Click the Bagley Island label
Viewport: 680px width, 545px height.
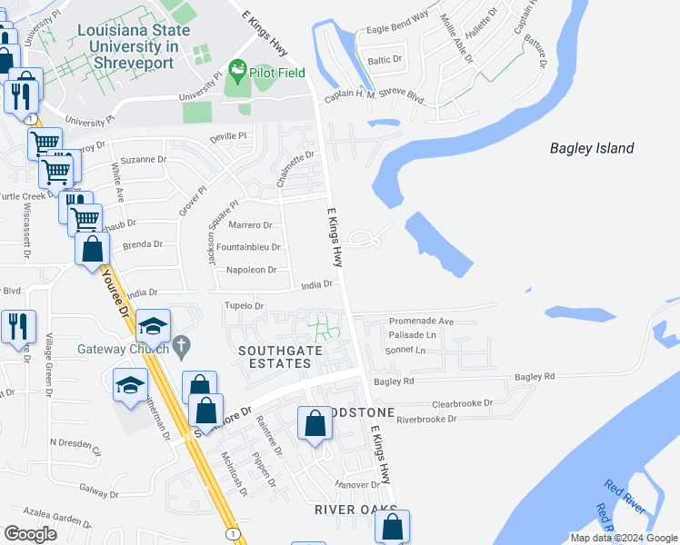tap(592, 148)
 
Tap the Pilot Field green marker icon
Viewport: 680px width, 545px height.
tap(237, 69)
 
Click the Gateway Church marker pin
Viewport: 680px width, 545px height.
tap(181, 345)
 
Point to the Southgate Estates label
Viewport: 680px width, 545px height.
tap(274, 356)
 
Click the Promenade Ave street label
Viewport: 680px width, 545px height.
tap(421, 322)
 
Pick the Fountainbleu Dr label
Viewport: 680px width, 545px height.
tap(247, 247)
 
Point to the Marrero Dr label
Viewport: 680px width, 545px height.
tap(250, 224)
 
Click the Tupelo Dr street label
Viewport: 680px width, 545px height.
tap(244, 306)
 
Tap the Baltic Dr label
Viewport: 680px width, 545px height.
tap(385, 60)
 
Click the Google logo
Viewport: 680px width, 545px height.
tap(30, 534)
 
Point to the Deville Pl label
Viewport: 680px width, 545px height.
tap(228, 136)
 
